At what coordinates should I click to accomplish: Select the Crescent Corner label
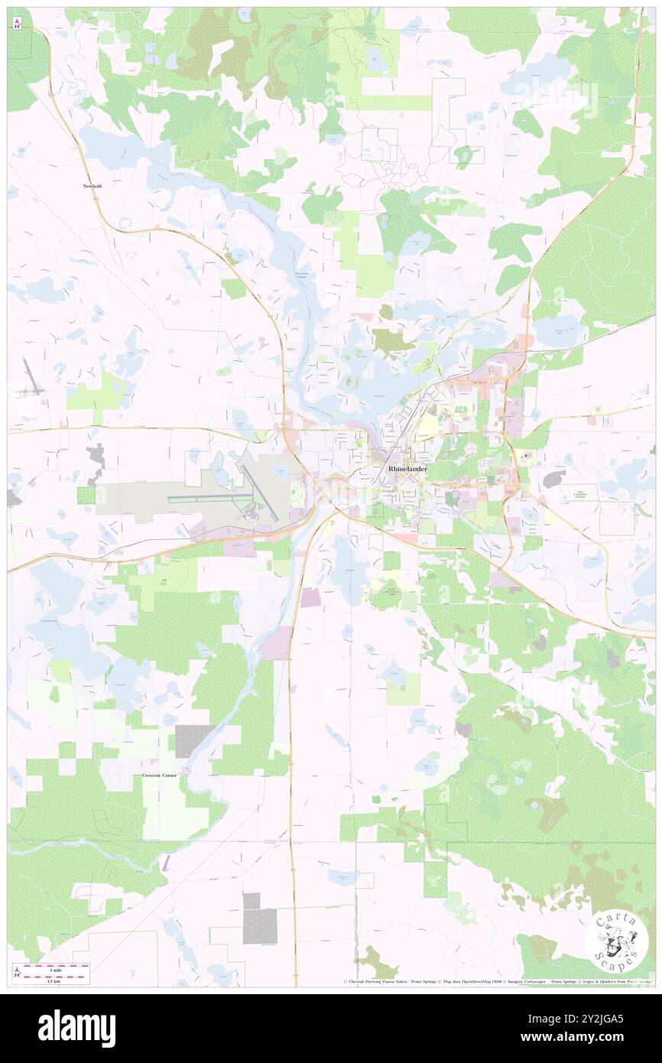(159, 775)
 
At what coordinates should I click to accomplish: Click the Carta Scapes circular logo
(617, 941)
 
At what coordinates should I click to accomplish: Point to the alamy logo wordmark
(76, 1028)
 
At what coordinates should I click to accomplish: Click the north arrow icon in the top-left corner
(17, 22)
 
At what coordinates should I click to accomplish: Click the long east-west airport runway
(209, 498)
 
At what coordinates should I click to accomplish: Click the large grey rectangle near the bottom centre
(260, 926)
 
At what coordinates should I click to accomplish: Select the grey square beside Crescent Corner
(191, 741)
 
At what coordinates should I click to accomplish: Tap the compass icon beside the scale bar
(17, 971)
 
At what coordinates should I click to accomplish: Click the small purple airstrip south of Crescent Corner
(167, 862)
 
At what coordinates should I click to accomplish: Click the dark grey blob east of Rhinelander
(553, 479)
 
